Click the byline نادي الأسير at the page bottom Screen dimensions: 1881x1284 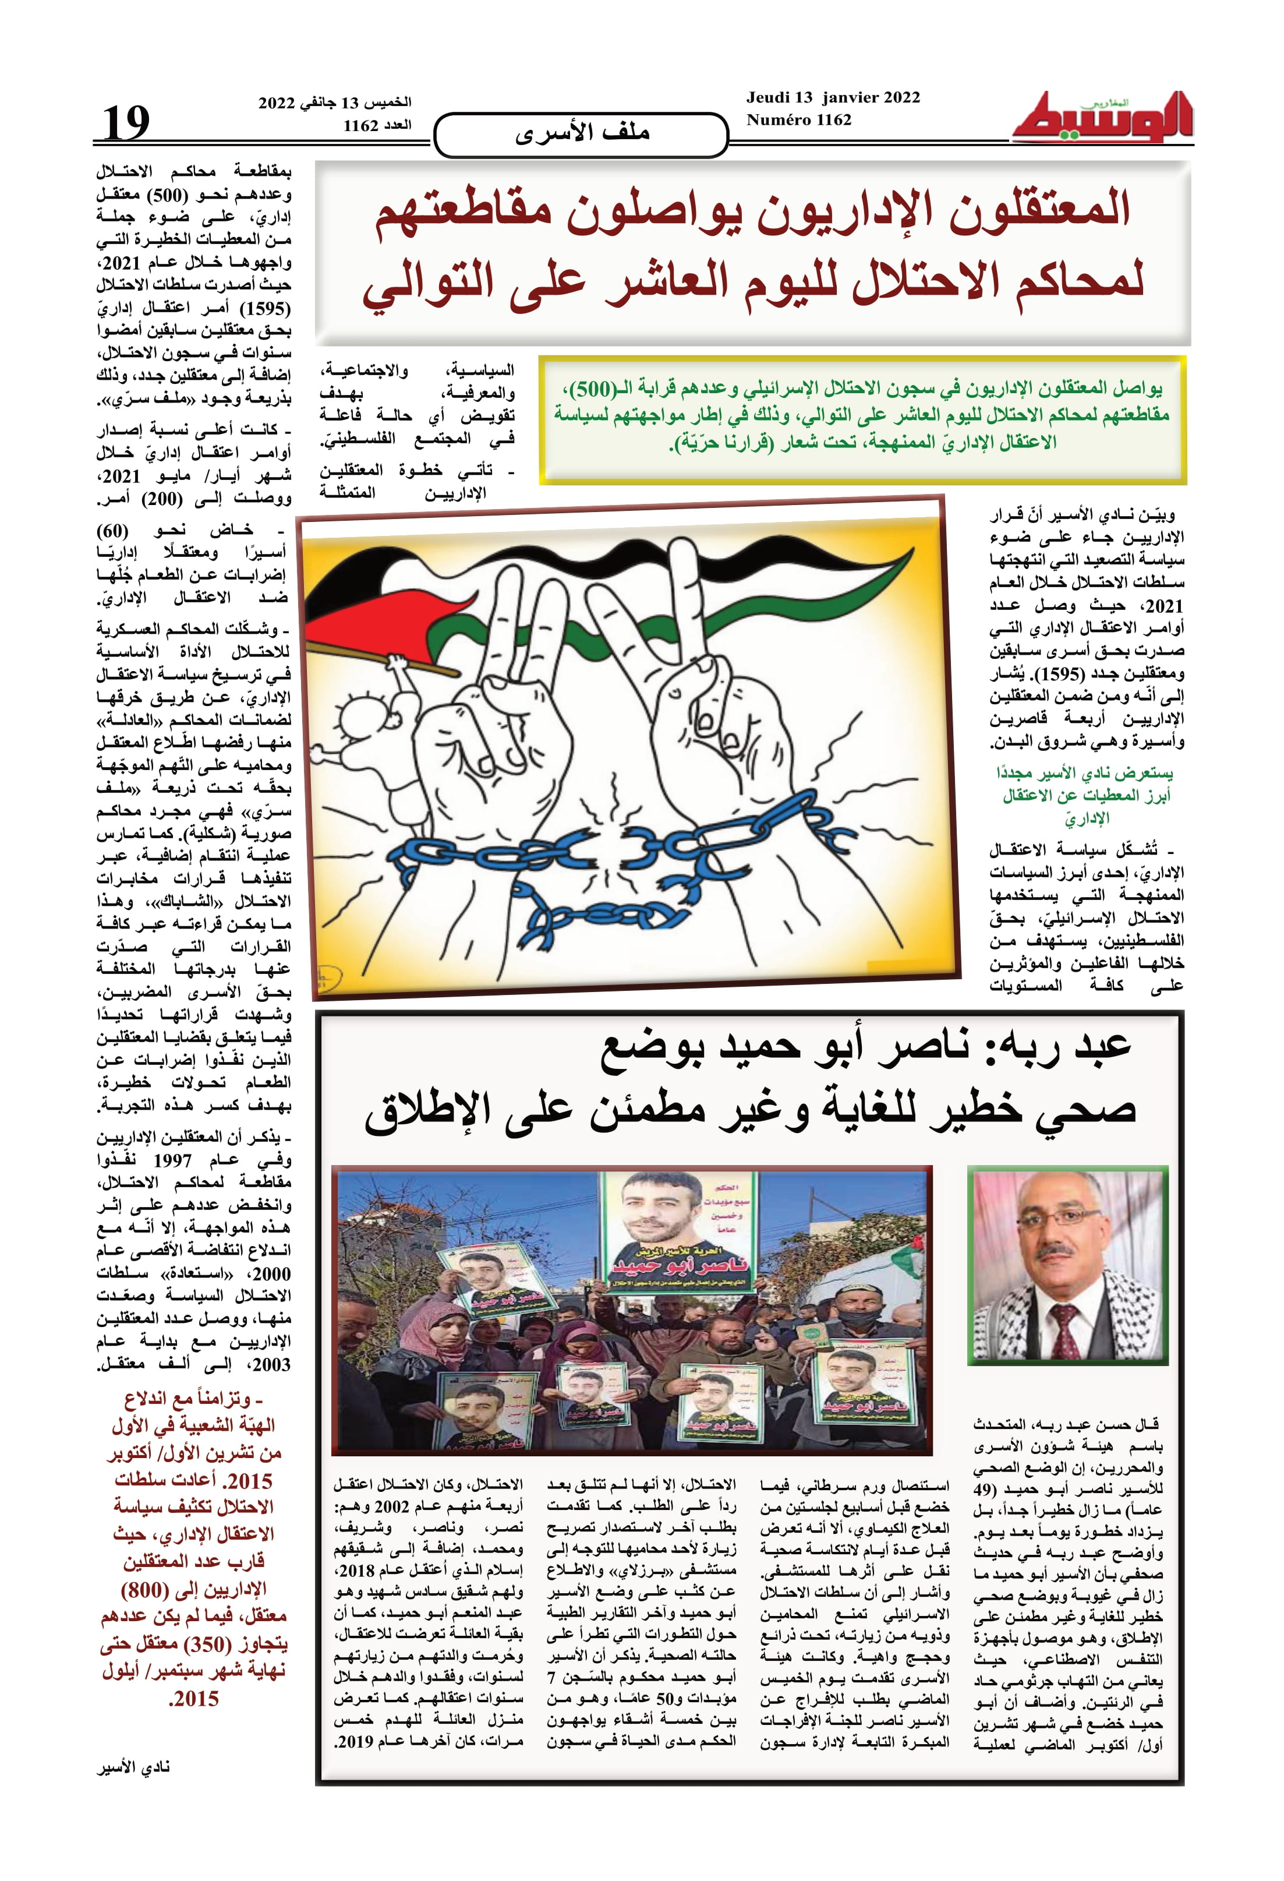[133, 1767]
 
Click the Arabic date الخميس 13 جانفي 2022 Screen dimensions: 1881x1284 [335, 103]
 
